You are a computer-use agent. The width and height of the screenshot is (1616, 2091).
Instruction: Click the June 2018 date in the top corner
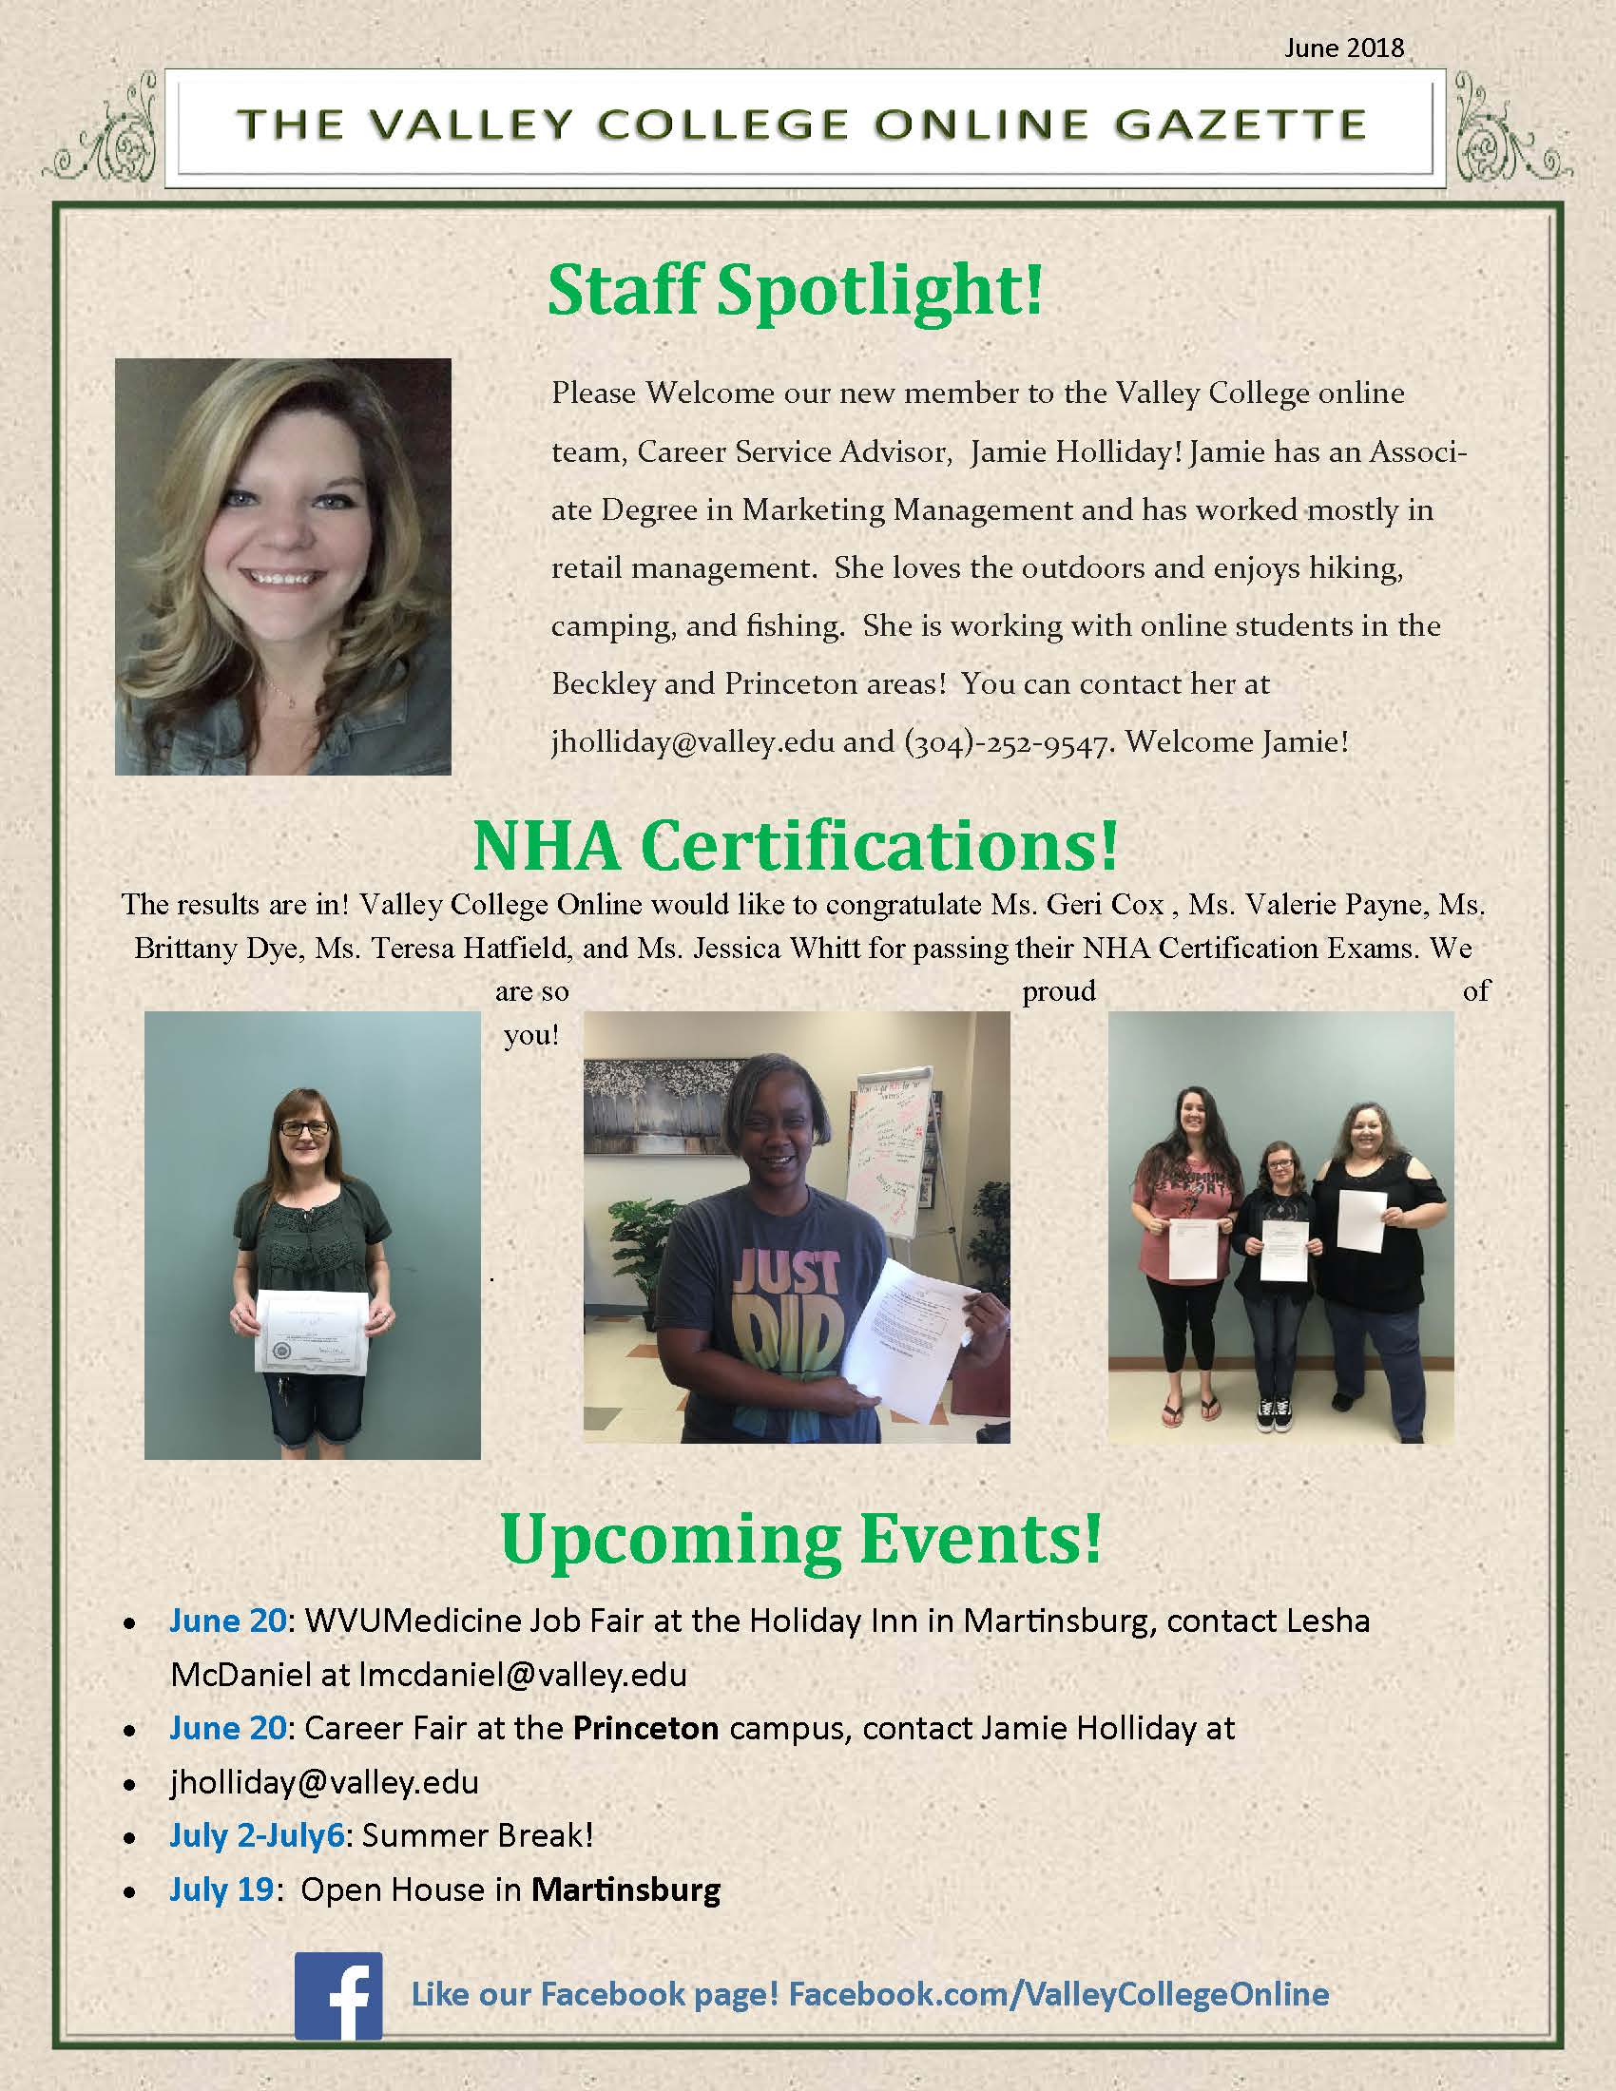click(x=1343, y=48)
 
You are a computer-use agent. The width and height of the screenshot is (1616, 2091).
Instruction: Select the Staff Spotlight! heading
click(x=795, y=289)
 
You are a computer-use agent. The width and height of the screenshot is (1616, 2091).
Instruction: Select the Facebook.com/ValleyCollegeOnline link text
click(x=1059, y=1994)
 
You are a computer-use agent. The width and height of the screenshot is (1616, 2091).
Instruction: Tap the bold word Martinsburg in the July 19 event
click(x=625, y=1890)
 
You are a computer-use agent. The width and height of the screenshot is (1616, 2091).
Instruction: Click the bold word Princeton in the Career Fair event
click(x=646, y=1728)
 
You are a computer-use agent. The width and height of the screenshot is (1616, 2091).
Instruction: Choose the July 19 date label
click(x=221, y=1890)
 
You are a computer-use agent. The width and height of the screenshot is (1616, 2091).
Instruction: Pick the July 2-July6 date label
click(x=256, y=1835)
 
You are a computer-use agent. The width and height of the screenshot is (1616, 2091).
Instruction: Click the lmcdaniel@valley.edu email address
click(x=523, y=1675)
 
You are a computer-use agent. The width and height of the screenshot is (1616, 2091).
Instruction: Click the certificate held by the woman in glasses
click(x=311, y=1333)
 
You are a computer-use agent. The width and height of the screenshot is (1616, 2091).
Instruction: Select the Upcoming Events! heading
click(x=800, y=1540)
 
